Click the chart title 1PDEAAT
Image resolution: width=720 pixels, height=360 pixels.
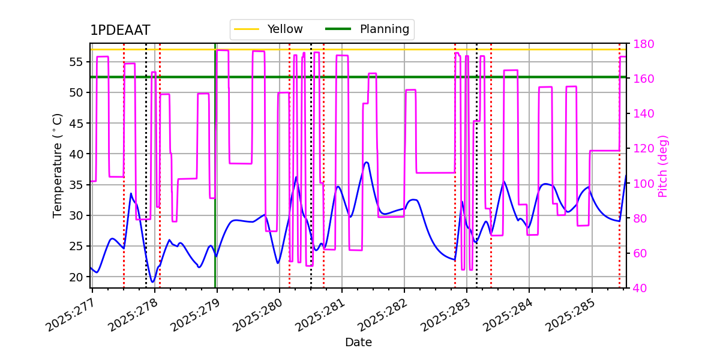click(120, 31)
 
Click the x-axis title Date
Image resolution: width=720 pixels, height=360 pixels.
click(358, 343)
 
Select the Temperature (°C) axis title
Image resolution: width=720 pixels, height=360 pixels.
click(58, 165)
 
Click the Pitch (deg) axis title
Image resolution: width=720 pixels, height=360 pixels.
click(663, 166)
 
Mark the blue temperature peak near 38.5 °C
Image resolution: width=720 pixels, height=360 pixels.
click(366, 162)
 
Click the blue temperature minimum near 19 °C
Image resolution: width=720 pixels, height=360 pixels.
click(152, 282)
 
